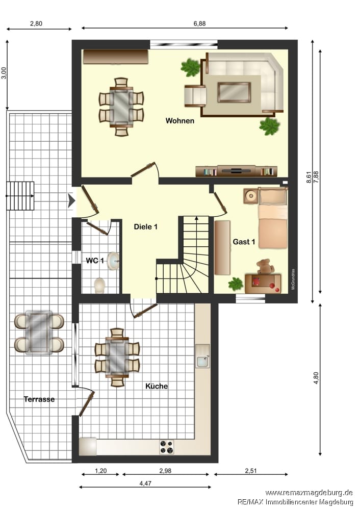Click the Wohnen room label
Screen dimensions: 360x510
[180, 121]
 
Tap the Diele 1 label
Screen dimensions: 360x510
[146, 227]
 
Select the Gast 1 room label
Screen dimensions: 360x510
[244, 242]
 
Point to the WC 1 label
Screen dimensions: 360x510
[95, 261]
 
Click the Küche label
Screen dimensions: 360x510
[157, 386]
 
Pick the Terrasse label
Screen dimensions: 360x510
[39, 399]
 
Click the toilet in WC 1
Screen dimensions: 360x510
[99, 285]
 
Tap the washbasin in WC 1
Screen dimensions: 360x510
[114, 261]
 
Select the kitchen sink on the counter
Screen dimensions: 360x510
[202, 356]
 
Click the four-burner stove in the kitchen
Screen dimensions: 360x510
[167, 447]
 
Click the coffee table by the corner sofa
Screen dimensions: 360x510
[234, 92]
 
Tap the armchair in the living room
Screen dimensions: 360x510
[195, 96]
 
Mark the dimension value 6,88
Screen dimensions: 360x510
[199, 23]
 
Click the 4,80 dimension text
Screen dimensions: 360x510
[316, 378]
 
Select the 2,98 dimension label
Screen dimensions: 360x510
[165, 471]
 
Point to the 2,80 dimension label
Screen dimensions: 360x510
[36, 23]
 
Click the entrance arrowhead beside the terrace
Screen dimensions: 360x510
[71, 200]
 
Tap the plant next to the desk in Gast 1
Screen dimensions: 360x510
[236, 284]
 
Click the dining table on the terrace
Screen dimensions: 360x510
[39, 333]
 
